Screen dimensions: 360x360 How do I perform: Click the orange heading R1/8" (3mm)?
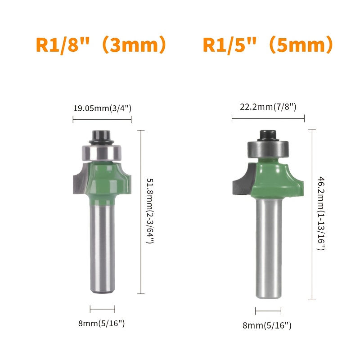point(101,45)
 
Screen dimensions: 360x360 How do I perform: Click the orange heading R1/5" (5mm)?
point(268,45)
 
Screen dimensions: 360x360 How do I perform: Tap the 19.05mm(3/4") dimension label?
point(102,108)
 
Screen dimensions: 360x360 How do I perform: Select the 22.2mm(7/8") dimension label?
point(268,107)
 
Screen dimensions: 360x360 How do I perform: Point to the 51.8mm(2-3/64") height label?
point(150,211)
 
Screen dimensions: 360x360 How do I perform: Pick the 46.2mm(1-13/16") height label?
point(321,213)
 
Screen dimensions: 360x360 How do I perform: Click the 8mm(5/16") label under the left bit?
point(102,323)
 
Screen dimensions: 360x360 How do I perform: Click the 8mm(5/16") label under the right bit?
point(267,325)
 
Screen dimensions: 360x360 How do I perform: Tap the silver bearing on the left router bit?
point(102,152)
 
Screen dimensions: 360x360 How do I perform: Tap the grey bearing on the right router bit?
point(268,149)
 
